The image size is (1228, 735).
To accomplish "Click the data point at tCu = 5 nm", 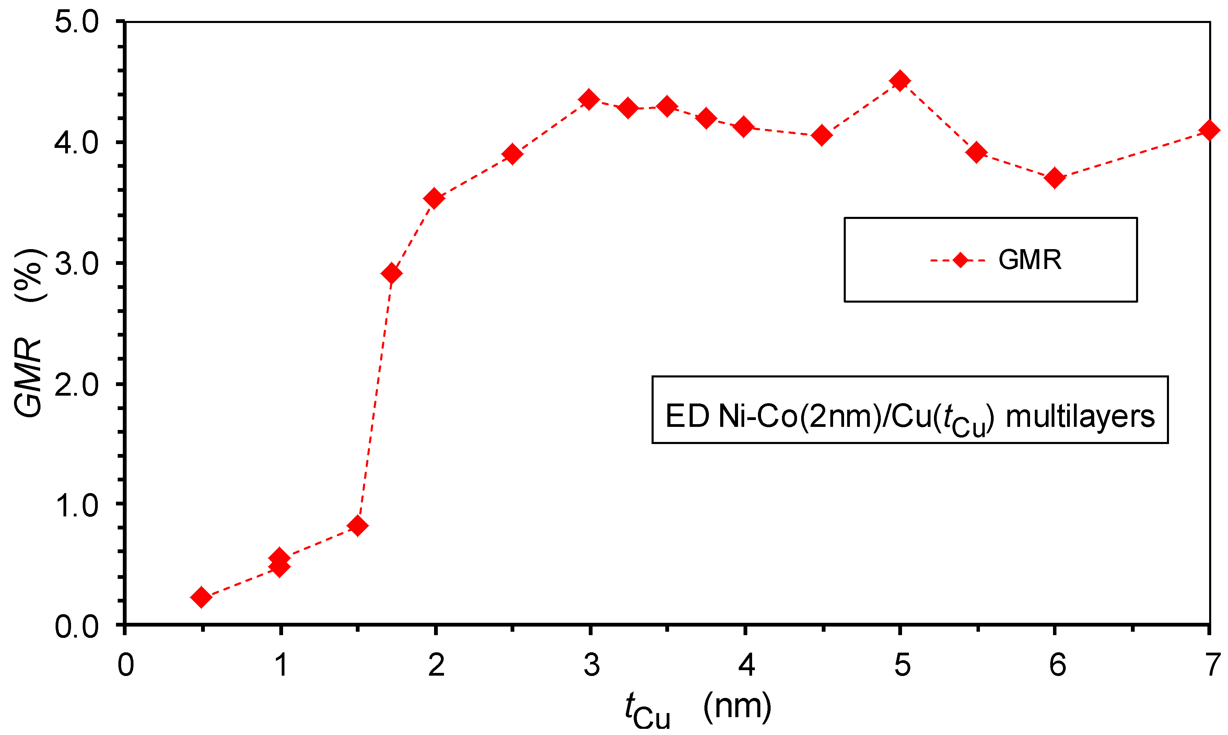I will point(900,80).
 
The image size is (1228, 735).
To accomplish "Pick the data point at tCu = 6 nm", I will point(1055,178).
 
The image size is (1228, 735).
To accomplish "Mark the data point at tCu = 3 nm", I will point(589,100).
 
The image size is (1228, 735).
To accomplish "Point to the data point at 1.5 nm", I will point(357,525).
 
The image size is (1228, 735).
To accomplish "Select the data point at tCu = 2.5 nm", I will point(512,154).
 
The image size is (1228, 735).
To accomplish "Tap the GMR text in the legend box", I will point(1030,260).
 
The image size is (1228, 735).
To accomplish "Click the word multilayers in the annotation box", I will point(1080,416).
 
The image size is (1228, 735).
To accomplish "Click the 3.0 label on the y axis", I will point(77,264).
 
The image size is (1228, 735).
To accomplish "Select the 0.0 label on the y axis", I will point(77,627).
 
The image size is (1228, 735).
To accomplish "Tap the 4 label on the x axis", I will point(746,665).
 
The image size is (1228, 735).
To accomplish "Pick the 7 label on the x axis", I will point(1212,665).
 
